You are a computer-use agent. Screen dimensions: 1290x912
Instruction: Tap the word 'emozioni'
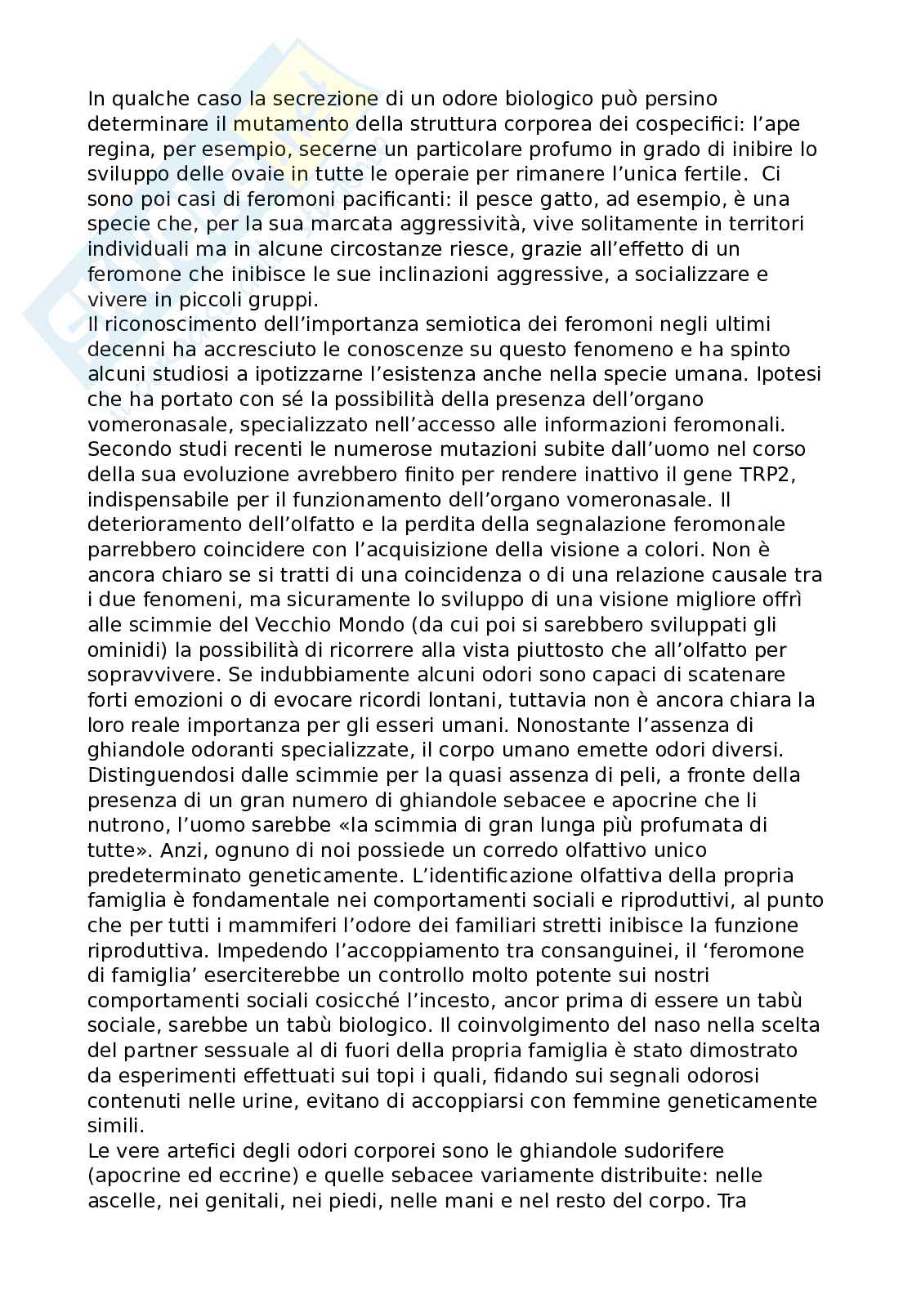[185, 699]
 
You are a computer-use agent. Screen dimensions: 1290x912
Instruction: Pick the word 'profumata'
[686, 824]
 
